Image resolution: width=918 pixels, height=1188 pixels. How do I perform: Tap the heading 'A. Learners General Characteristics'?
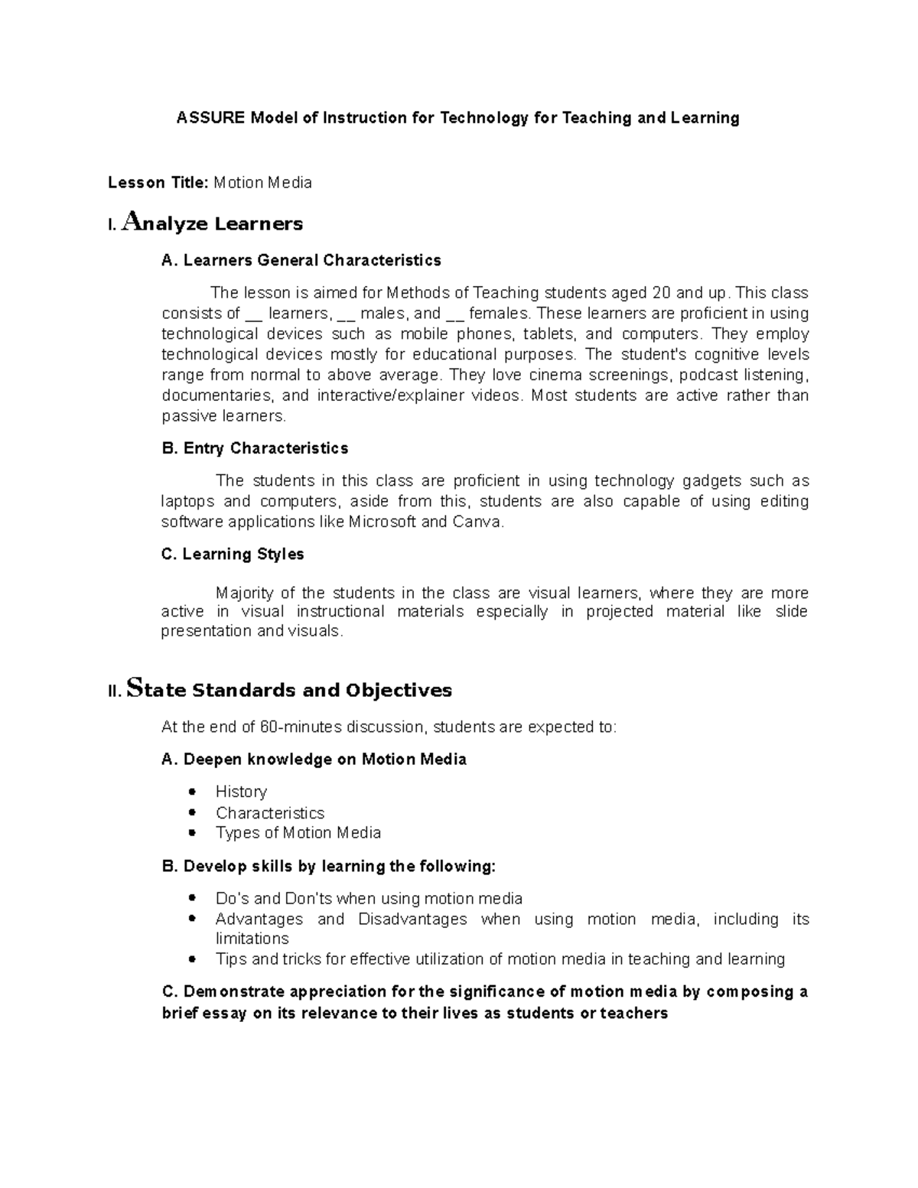click(x=301, y=260)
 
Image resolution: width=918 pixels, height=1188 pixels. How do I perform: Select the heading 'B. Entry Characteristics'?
click(x=255, y=448)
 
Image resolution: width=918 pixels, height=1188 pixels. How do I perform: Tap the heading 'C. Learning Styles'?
click(x=233, y=554)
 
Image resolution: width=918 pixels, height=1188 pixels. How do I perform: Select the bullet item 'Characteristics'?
click(x=270, y=812)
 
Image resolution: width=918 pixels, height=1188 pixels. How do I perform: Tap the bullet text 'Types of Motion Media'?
click(x=298, y=832)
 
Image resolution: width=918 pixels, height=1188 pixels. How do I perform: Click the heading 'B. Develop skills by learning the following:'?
click(x=329, y=866)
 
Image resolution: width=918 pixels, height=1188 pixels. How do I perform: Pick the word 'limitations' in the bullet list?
click(x=252, y=939)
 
